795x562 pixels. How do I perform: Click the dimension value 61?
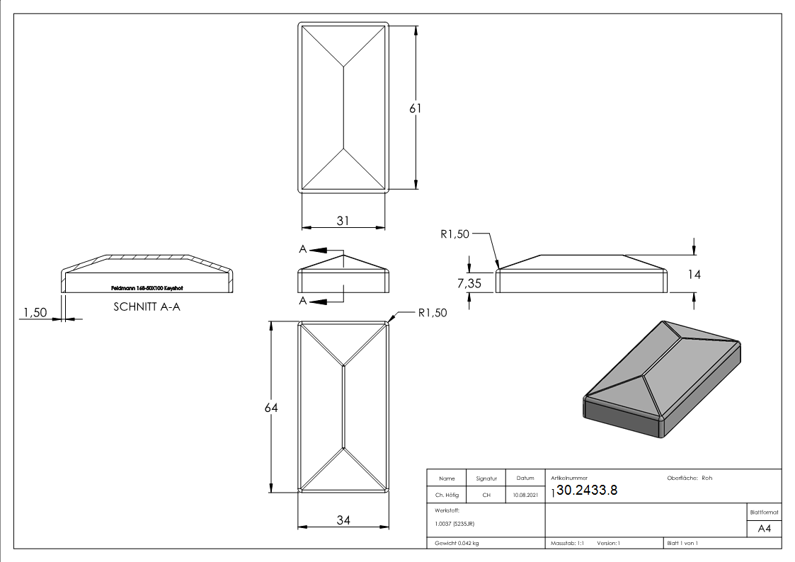(x=416, y=108)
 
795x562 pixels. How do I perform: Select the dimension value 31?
(x=343, y=221)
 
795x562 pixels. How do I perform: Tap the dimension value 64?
(x=271, y=408)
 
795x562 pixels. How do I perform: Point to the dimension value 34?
(x=343, y=520)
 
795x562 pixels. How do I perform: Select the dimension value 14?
(x=694, y=274)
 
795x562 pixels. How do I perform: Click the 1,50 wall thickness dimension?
(x=35, y=312)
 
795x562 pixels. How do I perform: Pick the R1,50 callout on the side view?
(x=454, y=235)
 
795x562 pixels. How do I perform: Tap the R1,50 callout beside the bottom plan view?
(x=432, y=313)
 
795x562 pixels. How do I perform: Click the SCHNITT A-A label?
(x=147, y=307)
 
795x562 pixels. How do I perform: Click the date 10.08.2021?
(x=525, y=495)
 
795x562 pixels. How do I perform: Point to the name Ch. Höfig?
(x=447, y=495)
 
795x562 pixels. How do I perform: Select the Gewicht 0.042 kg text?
(x=457, y=543)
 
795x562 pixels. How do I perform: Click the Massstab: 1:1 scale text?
(x=567, y=543)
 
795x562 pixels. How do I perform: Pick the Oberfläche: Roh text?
(x=689, y=478)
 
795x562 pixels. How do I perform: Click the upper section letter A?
(x=303, y=250)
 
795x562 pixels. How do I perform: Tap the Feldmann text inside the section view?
(x=147, y=288)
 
